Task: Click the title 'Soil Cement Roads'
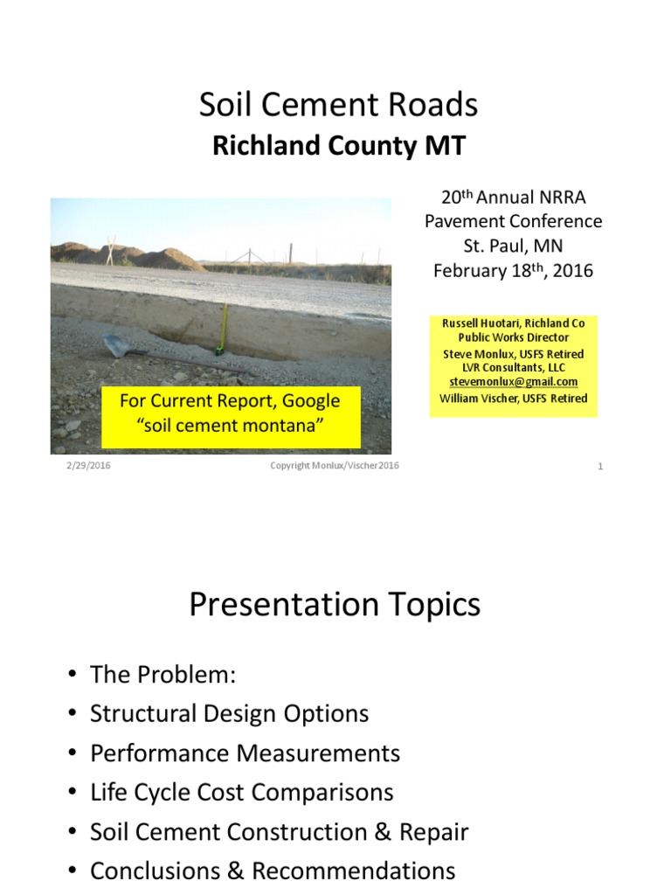point(339,105)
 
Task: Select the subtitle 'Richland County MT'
point(339,145)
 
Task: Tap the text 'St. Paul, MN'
point(513,246)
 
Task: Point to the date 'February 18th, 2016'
point(513,270)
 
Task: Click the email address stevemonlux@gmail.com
point(513,382)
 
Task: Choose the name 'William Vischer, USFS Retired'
point(513,399)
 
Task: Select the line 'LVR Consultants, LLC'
point(513,368)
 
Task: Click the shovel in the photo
point(122,346)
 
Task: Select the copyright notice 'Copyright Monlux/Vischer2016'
point(335,466)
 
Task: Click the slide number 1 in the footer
point(601,467)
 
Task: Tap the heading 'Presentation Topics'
point(335,605)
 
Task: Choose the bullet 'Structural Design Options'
point(229,713)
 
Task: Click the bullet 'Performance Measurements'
point(245,753)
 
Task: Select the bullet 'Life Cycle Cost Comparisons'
point(241,793)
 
